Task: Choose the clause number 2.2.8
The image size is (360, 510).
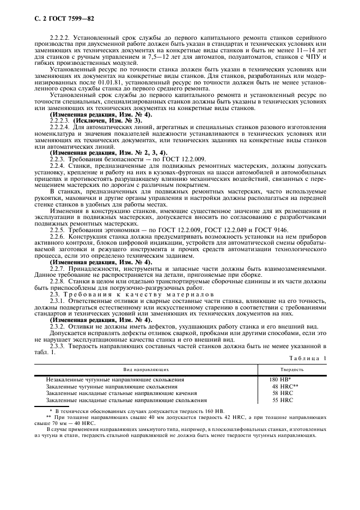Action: click(x=56, y=282)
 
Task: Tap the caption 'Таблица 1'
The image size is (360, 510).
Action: click(x=308, y=357)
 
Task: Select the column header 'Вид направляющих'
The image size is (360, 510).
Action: click(x=145, y=369)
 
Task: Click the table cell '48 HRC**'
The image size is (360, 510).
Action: click(x=285, y=386)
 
